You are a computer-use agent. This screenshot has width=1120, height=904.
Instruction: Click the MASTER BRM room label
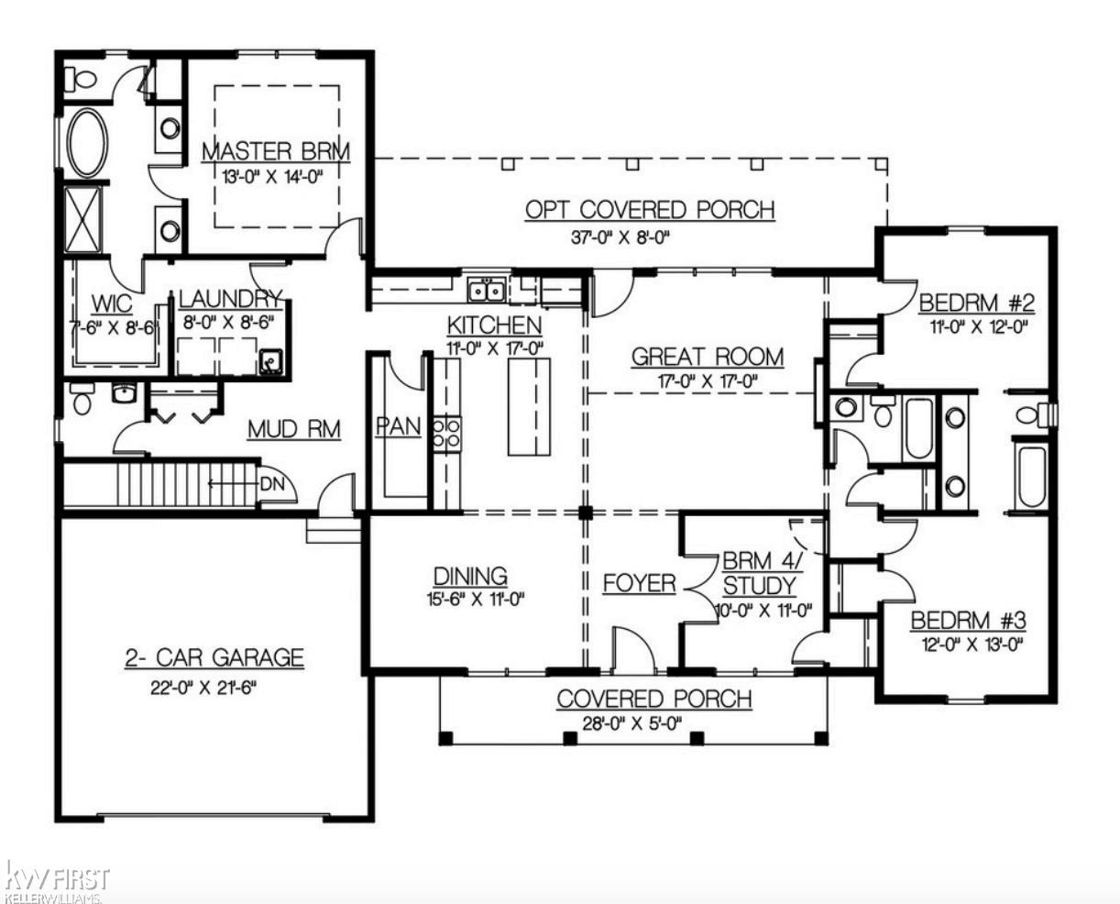click(x=275, y=151)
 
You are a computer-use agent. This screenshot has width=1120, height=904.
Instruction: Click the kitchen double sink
click(x=485, y=291)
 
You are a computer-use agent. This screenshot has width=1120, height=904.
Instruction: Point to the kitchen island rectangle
click(x=530, y=406)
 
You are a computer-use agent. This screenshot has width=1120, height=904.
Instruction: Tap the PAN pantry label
click(x=399, y=427)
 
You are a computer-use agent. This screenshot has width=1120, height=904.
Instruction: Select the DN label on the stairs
click(x=271, y=483)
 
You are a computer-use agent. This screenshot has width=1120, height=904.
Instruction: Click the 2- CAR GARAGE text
click(x=214, y=657)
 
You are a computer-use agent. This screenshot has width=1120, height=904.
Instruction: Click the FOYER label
click(x=639, y=583)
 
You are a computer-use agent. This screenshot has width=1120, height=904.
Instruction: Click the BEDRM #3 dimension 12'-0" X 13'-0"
click(x=969, y=645)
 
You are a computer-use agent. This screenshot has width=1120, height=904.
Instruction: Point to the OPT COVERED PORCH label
click(x=650, y=210)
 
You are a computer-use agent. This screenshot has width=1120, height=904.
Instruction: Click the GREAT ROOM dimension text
click(x=707, y=381)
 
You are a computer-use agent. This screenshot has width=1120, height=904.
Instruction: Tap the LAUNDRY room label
click(x=230, y=299)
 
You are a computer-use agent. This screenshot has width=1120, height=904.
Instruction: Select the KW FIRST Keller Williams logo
click(x=57, y=878)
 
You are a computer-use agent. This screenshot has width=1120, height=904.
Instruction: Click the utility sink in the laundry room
click(x=269, y=363)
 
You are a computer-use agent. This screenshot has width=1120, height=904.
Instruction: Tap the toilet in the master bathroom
click(x=82, y=79)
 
